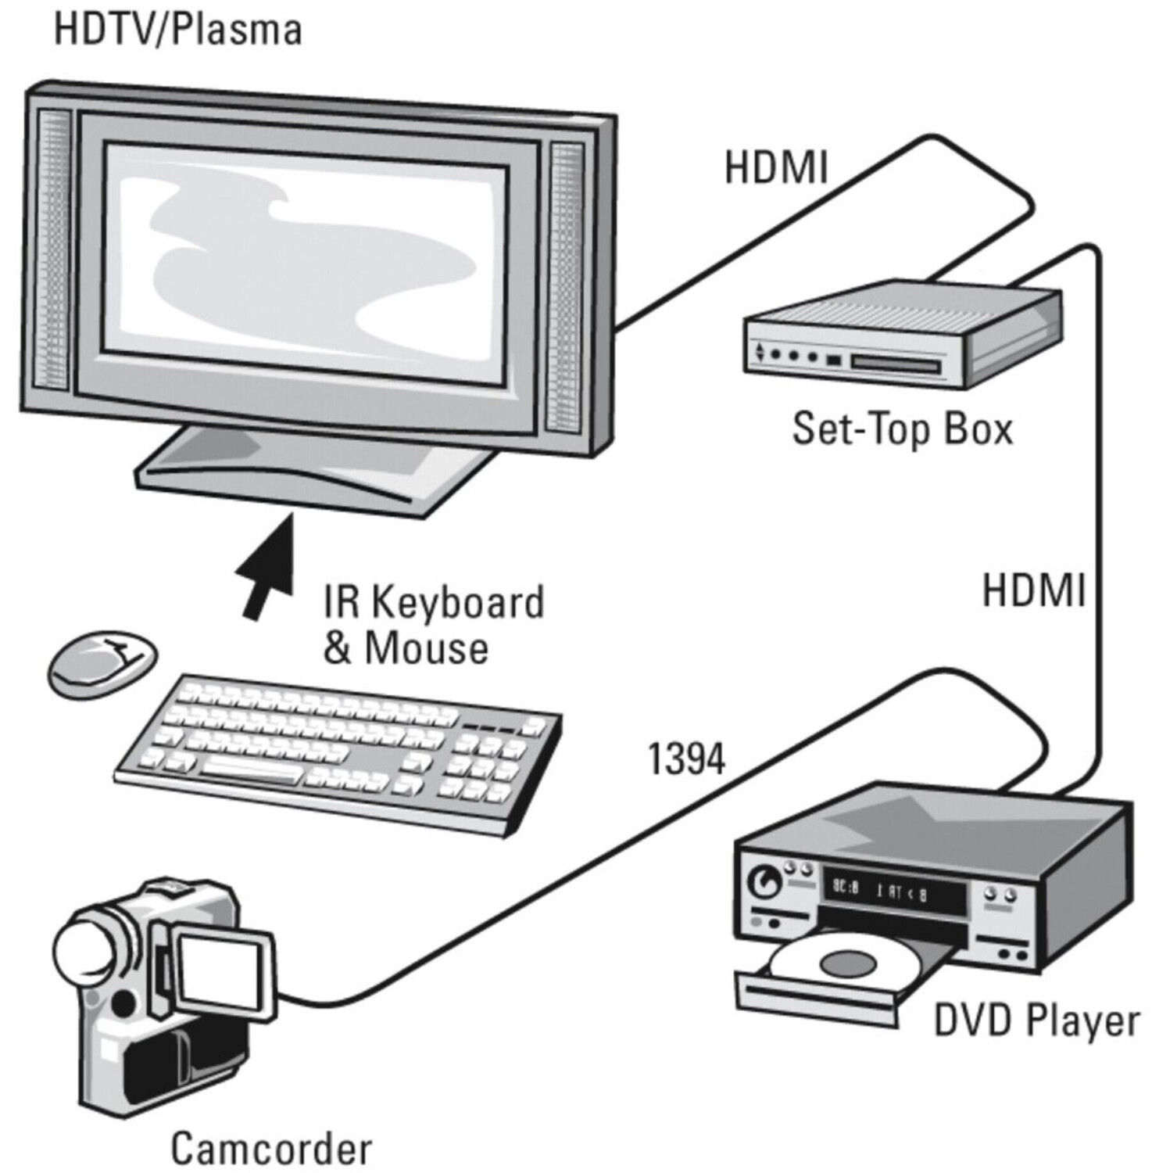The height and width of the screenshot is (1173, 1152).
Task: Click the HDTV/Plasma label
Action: [x=177, y=30]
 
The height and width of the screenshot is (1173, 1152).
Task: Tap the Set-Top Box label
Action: [x=903, y=429]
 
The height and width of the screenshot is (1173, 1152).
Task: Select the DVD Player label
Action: [x=1036, y=1021]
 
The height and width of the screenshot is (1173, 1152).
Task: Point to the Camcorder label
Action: [x=271, y=1148]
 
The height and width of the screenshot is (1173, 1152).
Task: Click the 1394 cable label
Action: [x=687, y=759]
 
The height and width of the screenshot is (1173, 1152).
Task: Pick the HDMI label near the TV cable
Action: [x=775, y=167]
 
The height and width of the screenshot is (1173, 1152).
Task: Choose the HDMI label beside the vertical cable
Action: [x=1033, y=590]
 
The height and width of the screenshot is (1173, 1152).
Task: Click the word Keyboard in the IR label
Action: [x=457, y=602]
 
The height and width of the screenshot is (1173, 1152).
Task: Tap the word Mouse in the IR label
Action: [x=426, y=647]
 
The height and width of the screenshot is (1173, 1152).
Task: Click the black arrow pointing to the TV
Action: [x=267, y=566]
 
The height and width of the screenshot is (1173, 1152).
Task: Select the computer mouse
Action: [x=102, y=663]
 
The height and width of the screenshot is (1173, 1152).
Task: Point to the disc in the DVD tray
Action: [x=844, y=960]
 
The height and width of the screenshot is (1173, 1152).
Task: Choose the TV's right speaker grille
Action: [x=565, y=287]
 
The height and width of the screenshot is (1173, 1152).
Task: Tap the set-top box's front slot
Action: [x=895, y=364]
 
